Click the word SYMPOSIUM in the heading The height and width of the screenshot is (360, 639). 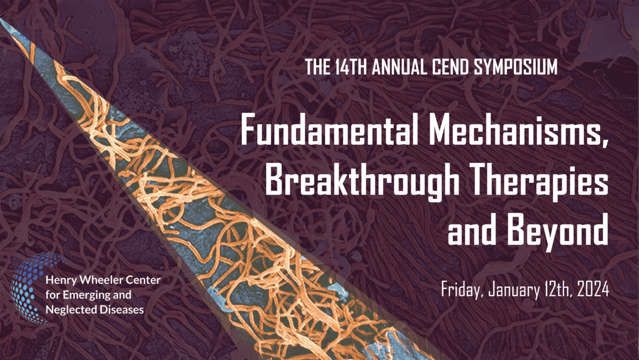coord(516,67)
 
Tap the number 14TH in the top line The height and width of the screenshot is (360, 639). coord(352,67)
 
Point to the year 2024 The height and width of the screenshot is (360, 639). coord(593,290)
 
